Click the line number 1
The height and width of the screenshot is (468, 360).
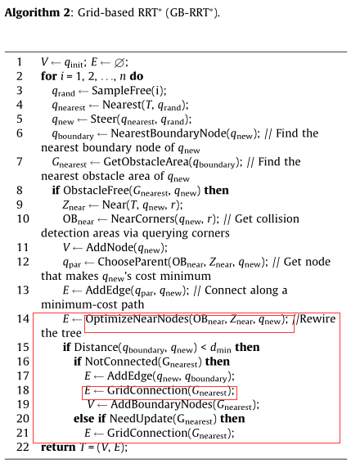pyautogui.click(x=18, y=62)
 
